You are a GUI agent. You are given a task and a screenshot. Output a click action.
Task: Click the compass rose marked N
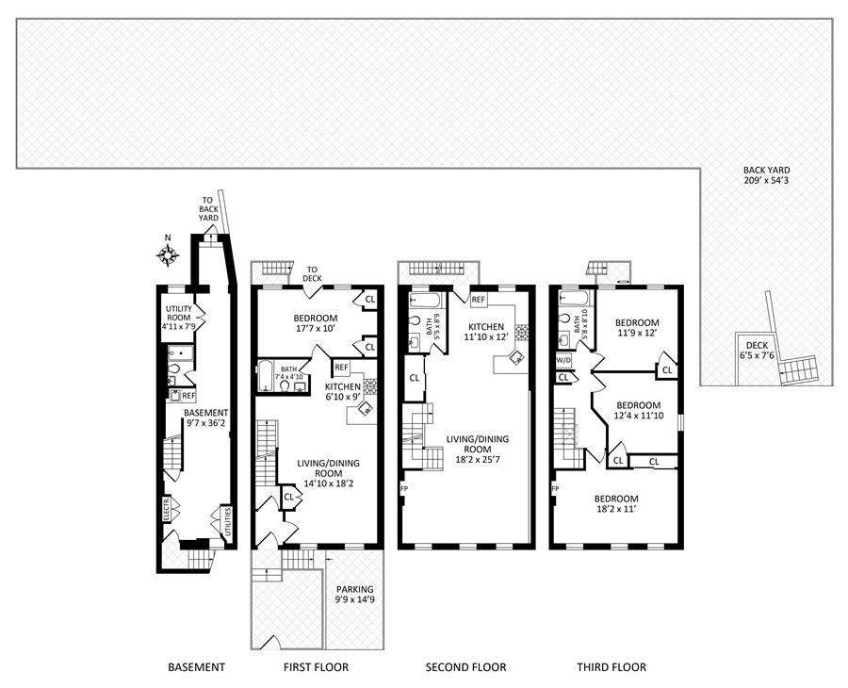(x=169, y=254)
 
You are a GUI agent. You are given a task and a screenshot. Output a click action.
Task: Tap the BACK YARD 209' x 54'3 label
(x=766, y=175)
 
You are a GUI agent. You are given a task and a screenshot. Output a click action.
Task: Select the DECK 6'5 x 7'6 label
(x=757, y=351)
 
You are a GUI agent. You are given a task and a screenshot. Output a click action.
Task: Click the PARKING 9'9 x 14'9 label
(x=355, y=595)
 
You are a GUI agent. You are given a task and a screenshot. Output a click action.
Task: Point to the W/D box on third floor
(x=563, y=360)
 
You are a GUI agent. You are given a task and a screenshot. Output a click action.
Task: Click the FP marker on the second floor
(x=403, y=489)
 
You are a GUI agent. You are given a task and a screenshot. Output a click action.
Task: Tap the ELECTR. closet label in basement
(x=167, y=510)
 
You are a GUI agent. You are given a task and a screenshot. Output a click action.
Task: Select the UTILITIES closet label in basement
(x=228, y=522)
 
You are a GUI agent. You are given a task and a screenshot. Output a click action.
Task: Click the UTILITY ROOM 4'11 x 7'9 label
(x=179, y=318)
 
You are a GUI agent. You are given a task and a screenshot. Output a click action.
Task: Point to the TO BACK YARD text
(x=208, y=209)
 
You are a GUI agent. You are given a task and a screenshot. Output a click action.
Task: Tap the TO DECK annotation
(x=313, y=273)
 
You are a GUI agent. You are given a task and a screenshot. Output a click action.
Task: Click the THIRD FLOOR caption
(x=612, y=667)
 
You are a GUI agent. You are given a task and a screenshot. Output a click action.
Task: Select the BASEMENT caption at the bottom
(x=196, y=667)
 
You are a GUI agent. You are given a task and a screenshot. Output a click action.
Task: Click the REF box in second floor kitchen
(x=478, y=299)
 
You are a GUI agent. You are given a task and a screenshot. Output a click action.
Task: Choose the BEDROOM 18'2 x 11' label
(x=616, y=503)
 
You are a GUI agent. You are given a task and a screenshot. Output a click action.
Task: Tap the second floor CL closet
(x=415, y=378)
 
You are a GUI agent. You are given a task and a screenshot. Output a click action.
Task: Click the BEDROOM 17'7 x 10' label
(x=316, y=323)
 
